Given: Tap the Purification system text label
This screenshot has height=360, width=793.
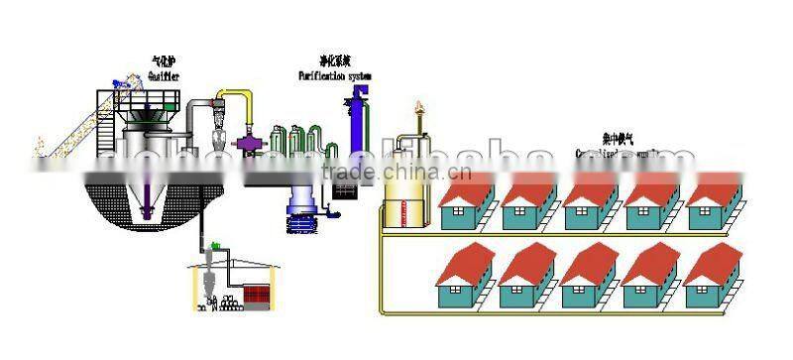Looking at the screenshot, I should pos(335,74).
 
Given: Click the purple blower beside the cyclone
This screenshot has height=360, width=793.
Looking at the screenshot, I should pos(247,143).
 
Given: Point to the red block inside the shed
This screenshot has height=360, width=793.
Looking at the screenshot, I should pos(259,294).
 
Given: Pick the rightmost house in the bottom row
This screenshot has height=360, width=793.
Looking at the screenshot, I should pos(712,279).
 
